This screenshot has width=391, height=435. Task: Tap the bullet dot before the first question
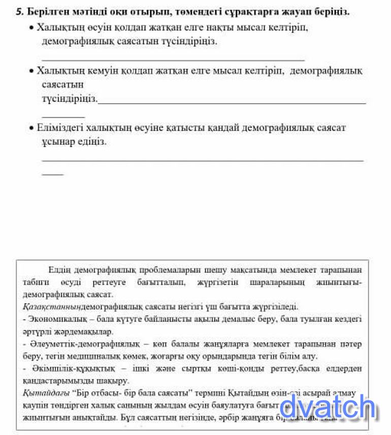(x=31, y=27)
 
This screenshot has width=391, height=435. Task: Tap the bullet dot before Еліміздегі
(x=31, y=128)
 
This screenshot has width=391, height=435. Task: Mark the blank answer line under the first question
(x=173, y=60)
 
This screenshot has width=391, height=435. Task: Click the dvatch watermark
(x=328, y=407)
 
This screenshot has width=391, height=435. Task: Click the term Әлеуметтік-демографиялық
(x=83, y=344)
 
